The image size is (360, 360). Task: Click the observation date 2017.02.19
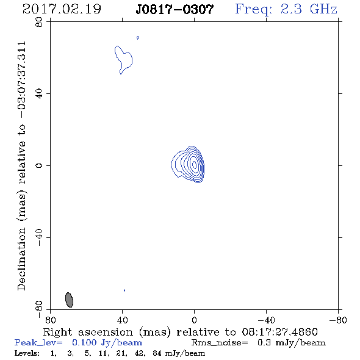62,9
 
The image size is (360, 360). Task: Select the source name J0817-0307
175,10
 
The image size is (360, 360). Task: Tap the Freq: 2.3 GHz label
286,10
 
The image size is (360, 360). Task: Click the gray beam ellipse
69,300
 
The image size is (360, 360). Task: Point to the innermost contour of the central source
194,164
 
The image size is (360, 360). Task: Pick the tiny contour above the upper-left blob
137,38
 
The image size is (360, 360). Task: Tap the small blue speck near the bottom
124,290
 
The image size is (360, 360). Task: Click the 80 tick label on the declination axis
39,22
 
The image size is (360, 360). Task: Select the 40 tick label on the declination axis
39,94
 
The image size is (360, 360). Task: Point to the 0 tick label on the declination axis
39,165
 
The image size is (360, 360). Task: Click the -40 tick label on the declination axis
39,237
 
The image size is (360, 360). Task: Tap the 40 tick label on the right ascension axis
123,320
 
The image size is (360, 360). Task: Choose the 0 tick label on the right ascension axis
194,320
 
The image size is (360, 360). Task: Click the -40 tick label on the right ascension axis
266,320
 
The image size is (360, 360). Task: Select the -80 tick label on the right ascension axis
338,320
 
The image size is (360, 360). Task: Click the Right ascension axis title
181,332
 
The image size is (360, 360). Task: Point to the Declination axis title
21,166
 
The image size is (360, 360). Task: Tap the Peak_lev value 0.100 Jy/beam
107,343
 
